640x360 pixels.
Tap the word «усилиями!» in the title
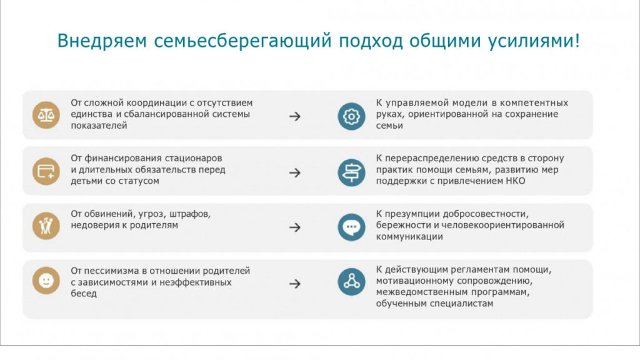pos(534,41)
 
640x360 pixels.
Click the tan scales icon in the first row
pos(46,115)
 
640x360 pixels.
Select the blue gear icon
pos(351,117)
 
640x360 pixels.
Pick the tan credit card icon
pos(46,171)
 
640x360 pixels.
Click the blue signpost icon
pos(351,172)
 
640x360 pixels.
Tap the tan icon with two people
pos(46,226)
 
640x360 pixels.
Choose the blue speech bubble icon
pos(351,227)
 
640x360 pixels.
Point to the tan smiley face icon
pos(46,281)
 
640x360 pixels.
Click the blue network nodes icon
pos(351,282)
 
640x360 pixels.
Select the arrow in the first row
pos(295,117)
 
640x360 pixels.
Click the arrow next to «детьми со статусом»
pos(295,173)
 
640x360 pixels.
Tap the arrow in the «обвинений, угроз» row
pos(295,227)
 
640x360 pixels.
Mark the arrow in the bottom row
pos(295,284)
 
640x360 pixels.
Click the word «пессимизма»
pos(111,271)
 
